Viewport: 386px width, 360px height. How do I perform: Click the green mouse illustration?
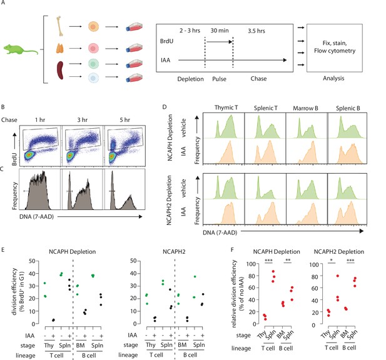pyautogui.click(x=20, y=49)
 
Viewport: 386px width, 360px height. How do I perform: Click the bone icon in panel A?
pyautogui.click(x=59, y=26)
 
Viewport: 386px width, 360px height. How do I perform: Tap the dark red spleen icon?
pyautogui.click(x=60, y=71)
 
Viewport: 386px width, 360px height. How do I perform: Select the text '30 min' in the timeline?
pyautogui.click(x=220, y=31)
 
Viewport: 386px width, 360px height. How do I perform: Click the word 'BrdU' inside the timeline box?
pyautogui.click(x=166, y=41)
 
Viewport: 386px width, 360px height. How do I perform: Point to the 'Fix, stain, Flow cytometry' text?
pyautogui.click(x=335, y=47)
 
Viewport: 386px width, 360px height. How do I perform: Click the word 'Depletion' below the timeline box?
pyautogui.click(x=191, y=79)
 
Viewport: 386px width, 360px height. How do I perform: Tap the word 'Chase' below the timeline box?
pyautogui.click(x=258, y=79)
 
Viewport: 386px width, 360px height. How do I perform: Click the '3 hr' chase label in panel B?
pyautogui.click(x=83, y=120)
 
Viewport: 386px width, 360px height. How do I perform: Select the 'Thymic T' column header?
pyautogui.click(x=226, y=107)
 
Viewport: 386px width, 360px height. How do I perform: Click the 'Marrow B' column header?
pyautogui.click(x=305, y=108)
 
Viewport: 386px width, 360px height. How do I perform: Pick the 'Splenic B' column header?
pyautogui.click(x=348, y=108)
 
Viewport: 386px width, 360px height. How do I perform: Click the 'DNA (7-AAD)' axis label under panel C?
pyautogui.click(x=36, y=217)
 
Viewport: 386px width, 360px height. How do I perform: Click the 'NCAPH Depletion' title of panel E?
pyautogui.click(x=72, y=252)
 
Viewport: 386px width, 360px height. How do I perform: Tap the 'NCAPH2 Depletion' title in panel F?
pyautogui.click(x=338, y=252)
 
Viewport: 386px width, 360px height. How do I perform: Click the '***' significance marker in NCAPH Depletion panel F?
pyautogui.click(x=268, y=261)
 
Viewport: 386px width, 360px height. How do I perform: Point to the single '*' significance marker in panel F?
pyautogui.click(x=332, y=261)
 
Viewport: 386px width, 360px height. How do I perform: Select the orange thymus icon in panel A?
pyautogui.click(x=60, y=49)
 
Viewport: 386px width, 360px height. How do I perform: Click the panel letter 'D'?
pyautogui.click(x=165, y=107)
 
